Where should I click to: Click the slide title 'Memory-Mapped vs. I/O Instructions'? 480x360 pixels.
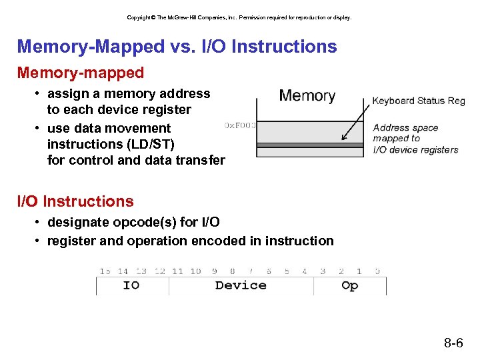click(177, 47)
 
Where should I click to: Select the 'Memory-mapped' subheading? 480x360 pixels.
click(80, 71)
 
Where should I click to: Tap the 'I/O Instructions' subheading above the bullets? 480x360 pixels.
click(75, 201)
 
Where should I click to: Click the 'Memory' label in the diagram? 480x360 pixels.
click(307, 95)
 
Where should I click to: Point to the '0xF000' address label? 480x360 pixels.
click(240, 125)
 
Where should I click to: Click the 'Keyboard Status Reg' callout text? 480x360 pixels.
click(418, 101)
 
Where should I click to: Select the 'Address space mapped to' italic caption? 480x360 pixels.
click(405, 133)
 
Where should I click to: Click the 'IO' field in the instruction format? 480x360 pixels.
click(131, 285)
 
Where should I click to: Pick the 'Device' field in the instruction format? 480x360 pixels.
click(241, 285)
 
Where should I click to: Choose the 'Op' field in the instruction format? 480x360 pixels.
click(349, 285)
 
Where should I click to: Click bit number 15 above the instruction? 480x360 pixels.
click(105, 271)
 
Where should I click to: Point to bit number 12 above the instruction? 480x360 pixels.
click(159, 271)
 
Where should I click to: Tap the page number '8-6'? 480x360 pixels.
click(453, 344)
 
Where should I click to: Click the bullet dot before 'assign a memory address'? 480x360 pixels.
click(39, 94)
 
